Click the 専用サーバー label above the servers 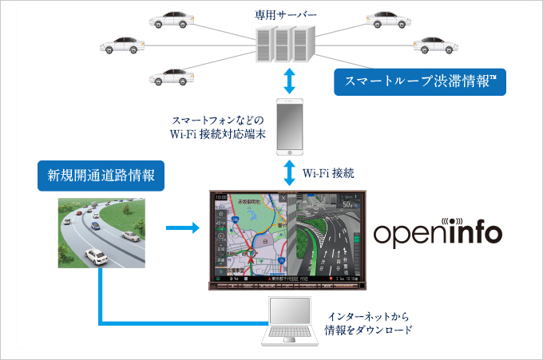[285, 14]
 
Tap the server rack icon [283, 45]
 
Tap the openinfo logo [438, 233]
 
